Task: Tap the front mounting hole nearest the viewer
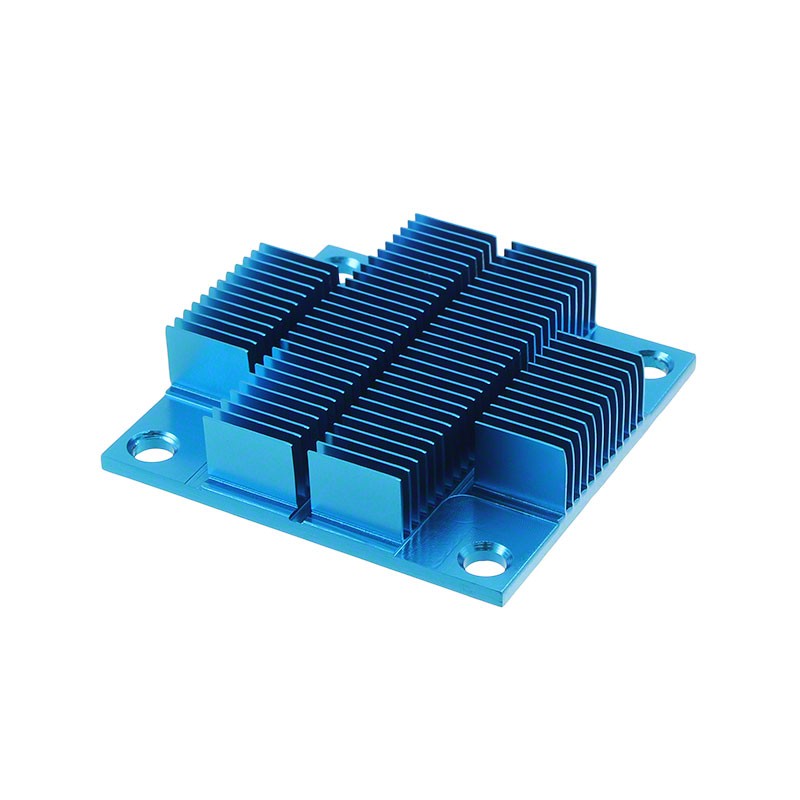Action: point(483,560)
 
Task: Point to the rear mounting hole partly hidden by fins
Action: point(345,263)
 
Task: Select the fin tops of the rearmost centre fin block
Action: point(440,235)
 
